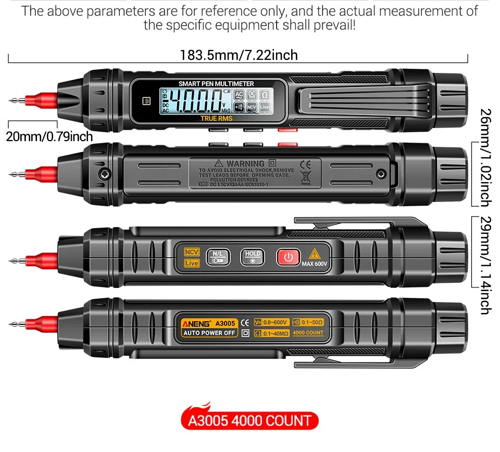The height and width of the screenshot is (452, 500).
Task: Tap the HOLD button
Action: tap(252, 257)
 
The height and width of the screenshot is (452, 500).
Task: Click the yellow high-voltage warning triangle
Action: tap(314, 254)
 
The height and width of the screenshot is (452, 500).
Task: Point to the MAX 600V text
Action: tap(314, 264)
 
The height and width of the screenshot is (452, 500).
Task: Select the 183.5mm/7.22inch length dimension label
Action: tap(239, 55)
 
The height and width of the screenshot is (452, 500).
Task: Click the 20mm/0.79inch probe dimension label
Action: tap(49, 136)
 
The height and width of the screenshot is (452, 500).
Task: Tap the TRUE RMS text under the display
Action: tap(216, 118)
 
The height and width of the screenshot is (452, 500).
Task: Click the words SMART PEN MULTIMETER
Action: tap(216, 83)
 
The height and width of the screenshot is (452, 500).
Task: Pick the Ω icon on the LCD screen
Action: tap(264, 95)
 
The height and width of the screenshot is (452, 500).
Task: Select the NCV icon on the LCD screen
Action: tap(252, 107)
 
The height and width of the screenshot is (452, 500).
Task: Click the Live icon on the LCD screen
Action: tap(265, 107)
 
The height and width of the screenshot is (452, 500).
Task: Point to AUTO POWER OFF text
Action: tap(209, 333)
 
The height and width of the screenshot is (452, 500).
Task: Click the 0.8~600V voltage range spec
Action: tap(271, 322)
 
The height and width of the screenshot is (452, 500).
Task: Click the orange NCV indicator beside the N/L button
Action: tap(192, 252)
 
